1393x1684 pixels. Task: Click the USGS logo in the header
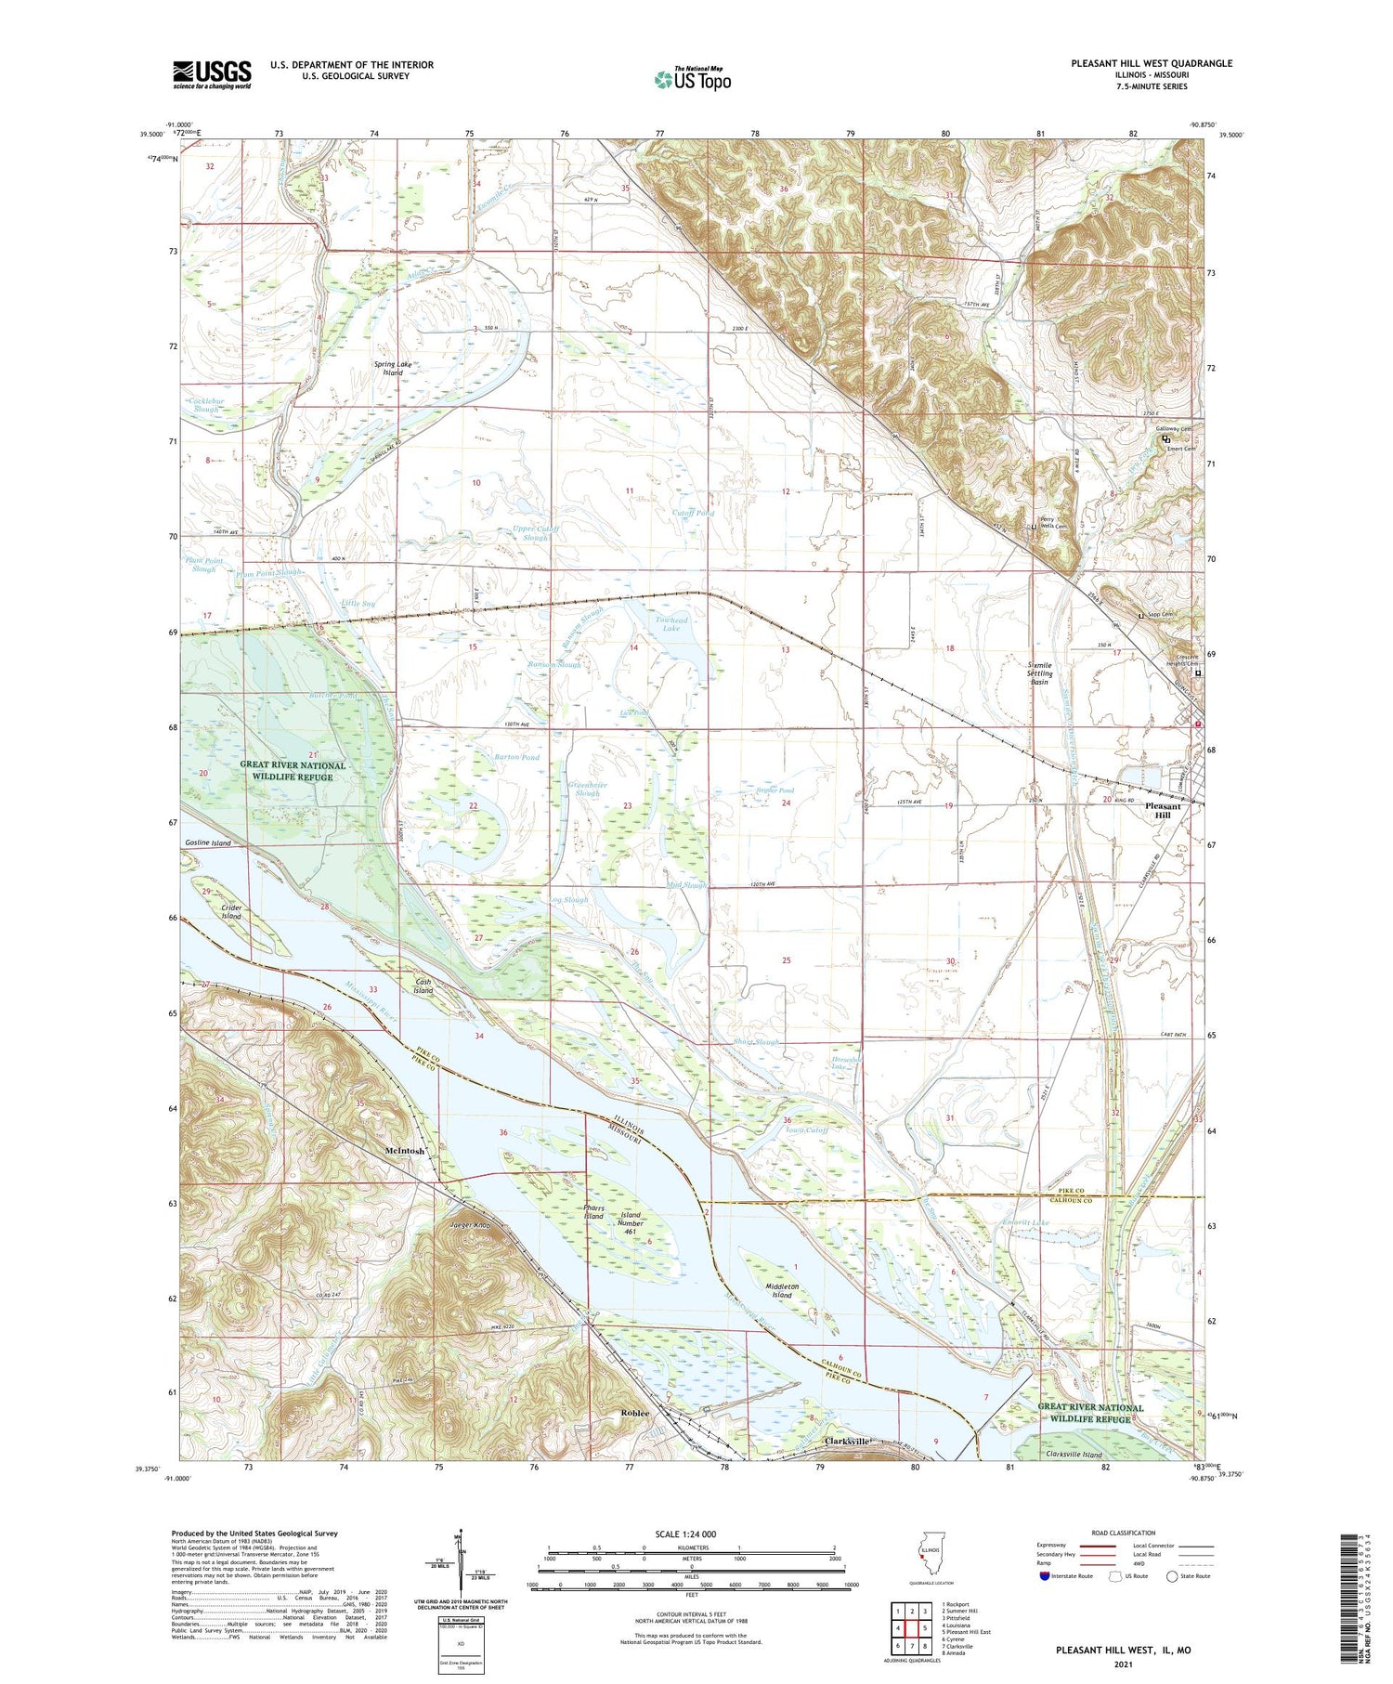tap(212, 74)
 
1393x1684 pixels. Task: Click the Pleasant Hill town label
tap(1162, 810)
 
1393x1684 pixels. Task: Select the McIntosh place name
tap(405, 1150)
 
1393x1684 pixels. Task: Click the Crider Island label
tap(231, 911)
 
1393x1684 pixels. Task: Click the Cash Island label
tap(423, 986)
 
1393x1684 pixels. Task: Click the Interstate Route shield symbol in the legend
tap(1045, 1575)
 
